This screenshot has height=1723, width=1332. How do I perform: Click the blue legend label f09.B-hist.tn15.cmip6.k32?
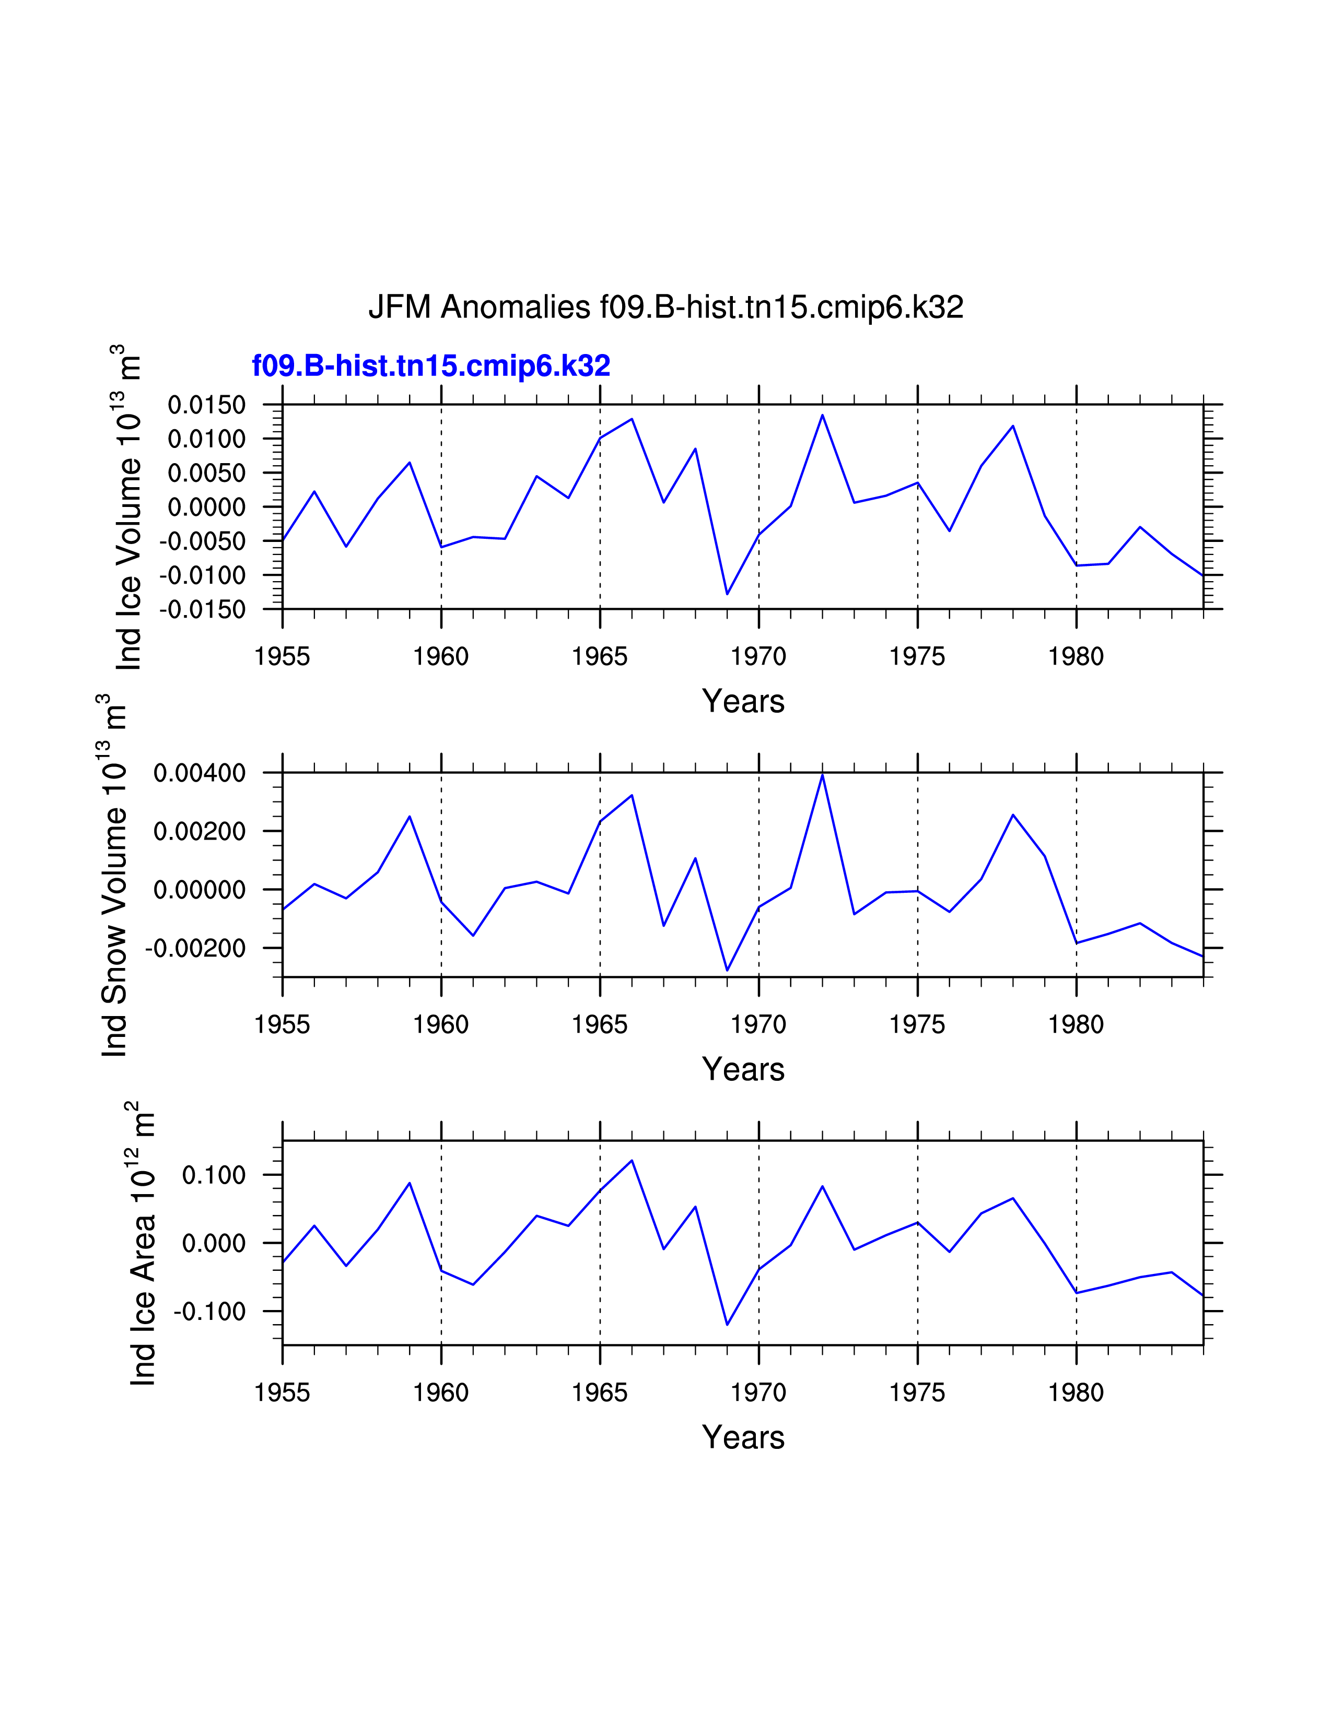tap(431, 366)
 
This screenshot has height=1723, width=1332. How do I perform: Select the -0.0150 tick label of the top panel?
tap(203, 610)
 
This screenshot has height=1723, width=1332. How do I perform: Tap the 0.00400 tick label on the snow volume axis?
tap(200, 773)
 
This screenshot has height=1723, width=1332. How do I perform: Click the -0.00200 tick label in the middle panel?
tap(196, 948)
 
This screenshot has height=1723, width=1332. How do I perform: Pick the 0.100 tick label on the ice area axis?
tap(214, 1175)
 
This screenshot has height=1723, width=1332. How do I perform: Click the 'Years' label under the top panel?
tap(743, 701)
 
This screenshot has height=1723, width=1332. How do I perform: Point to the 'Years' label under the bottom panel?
tap(743, 1437)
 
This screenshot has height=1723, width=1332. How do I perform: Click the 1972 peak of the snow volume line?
tap(822, 775)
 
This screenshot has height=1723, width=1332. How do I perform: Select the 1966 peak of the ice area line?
tap(632, 1161)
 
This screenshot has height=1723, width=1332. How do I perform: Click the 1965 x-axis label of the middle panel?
tap(600, 1025)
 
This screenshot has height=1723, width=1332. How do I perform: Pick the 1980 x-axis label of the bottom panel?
tap(1076, 1392)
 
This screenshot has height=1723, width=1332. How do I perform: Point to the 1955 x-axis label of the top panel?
tap(283, 656)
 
